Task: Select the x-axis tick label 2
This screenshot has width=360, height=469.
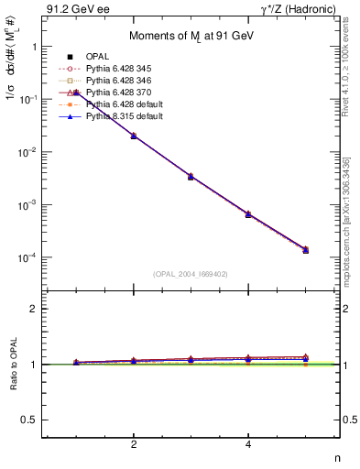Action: pyautogui.click(x=134, y=444)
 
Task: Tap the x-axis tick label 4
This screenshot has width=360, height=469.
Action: pyautogui.click(x=248, y=444)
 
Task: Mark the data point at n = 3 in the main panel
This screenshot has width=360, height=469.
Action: pyautogui.click(x=191, y=176)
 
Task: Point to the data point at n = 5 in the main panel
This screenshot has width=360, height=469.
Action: pyautogui.click(x=306, y=249)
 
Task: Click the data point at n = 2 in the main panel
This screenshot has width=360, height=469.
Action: pyautogui.click(x=134, y=136)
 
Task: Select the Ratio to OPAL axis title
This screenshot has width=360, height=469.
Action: pyautogui.click(x=12, y=365)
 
